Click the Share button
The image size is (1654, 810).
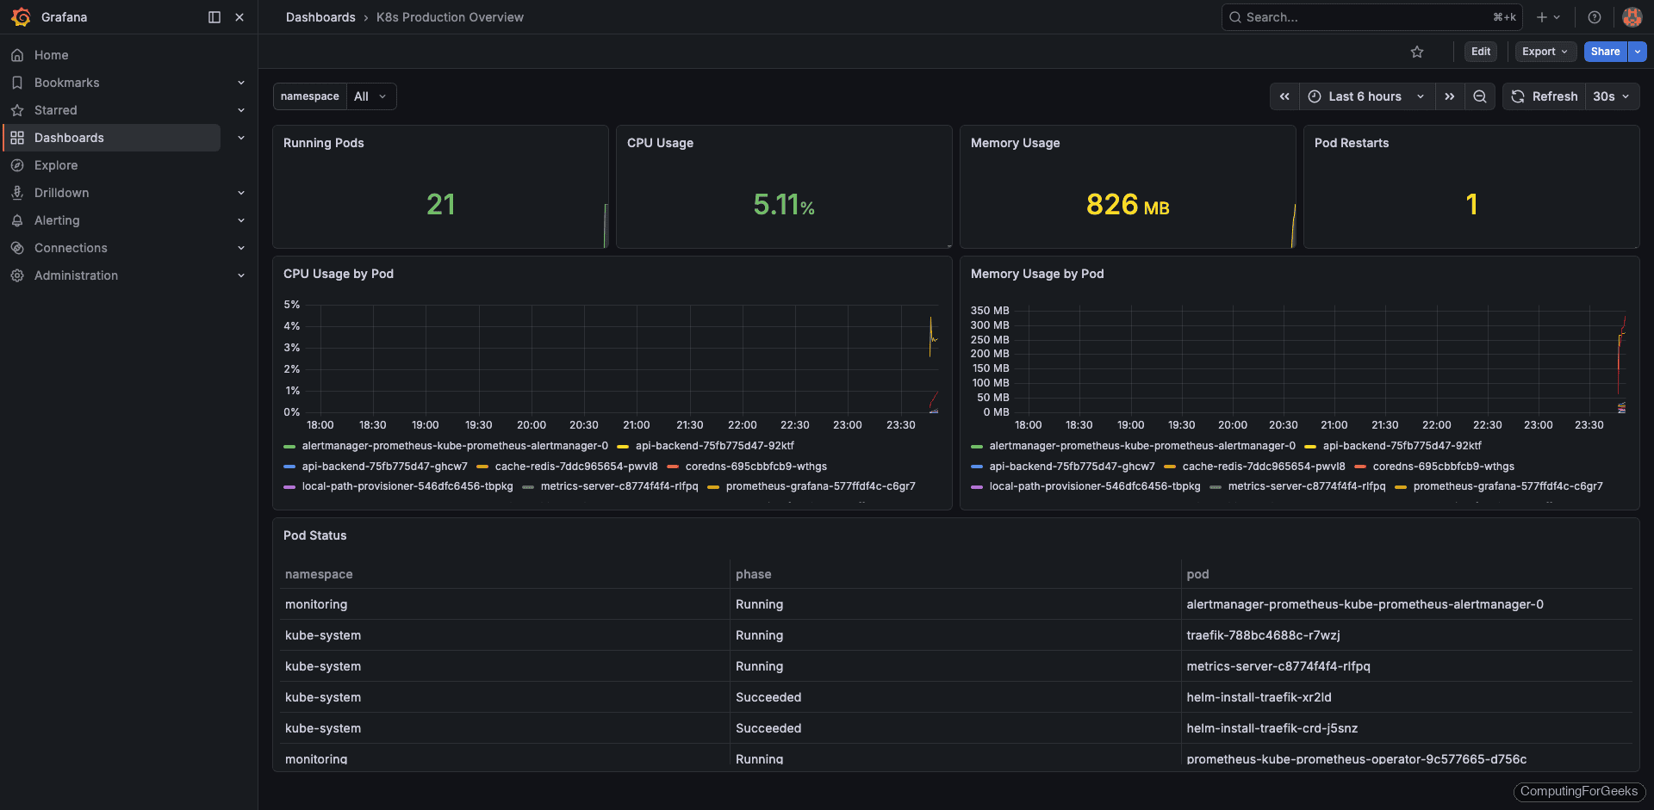tap(1605, 52)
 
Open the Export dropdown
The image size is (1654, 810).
tap(1545, 52)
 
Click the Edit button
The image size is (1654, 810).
tap(1480, 52)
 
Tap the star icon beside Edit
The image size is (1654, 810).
tap(1417, 52)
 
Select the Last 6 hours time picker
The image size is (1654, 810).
tap(1365, 96)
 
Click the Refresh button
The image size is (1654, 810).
tap(1545, 96)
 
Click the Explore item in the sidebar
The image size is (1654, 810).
tap(56, 165)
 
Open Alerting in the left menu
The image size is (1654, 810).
tap(57, 220)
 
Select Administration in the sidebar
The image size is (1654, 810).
tap(76, 275)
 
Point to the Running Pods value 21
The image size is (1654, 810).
tap(440, 205)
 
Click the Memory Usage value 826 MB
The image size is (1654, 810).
tap(1127, 205)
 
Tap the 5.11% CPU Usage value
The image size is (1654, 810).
tap(783, 205)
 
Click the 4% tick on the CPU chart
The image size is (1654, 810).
tap(292, 326)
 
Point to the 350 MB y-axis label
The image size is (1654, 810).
tap(989, 311)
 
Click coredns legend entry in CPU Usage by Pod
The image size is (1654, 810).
tap(755, 467)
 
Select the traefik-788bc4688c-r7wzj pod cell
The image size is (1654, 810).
tap(1263, 635)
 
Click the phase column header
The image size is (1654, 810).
tap(753, 574)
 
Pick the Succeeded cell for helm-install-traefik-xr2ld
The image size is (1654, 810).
tap(768, 697)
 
